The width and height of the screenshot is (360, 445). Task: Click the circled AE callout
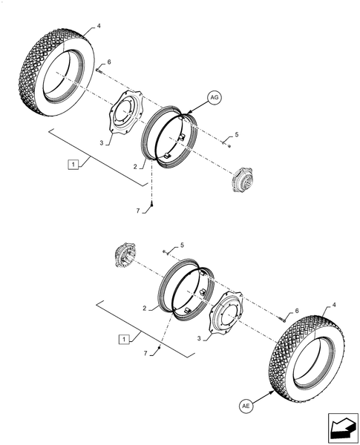tap(246, 406)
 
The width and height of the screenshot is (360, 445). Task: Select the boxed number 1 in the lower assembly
tap(124, 338)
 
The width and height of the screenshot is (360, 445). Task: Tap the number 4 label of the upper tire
tap(98, 27)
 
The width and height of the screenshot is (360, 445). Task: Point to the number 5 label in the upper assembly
tap(236, 133)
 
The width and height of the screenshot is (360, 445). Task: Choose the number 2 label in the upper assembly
tap(136, 168)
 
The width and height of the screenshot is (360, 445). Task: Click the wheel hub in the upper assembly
tap(242, 180)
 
